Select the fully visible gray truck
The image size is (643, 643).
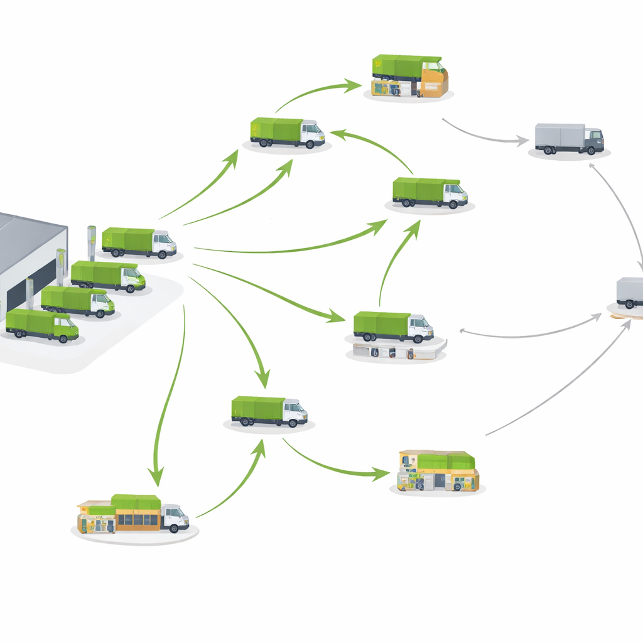[x=568, y=138]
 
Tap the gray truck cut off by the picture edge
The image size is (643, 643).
[x=630, y=293]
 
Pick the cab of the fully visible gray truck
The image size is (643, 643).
[x=593, y=141]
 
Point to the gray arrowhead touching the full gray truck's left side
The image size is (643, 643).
[x=521, y=141]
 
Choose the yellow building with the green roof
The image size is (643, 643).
[x=438, y=471]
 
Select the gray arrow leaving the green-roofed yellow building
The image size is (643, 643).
[x=559, y=383]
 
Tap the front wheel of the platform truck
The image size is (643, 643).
[x=418, y=339]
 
